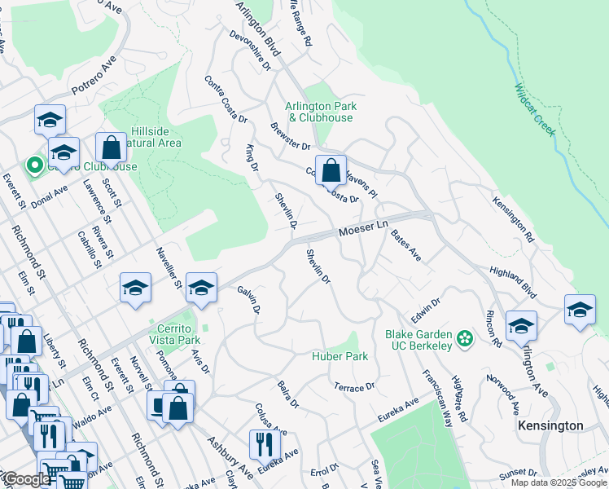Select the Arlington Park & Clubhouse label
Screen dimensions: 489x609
(320, 112)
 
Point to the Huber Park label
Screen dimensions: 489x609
(340, 356)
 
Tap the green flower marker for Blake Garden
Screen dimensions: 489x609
(465, 337)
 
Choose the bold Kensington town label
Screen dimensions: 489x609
(551, 426)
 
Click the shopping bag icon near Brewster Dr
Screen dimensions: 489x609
(331, 171)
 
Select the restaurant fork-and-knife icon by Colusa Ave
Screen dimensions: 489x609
(265, 444)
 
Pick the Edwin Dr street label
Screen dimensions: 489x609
(425, 311)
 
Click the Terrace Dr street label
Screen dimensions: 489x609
(353, 385)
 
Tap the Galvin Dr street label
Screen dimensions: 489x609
(248, 300)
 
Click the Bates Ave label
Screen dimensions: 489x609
(405, 245)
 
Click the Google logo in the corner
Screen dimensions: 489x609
(27, 479)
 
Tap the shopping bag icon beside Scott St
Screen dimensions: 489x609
(112, 148)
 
